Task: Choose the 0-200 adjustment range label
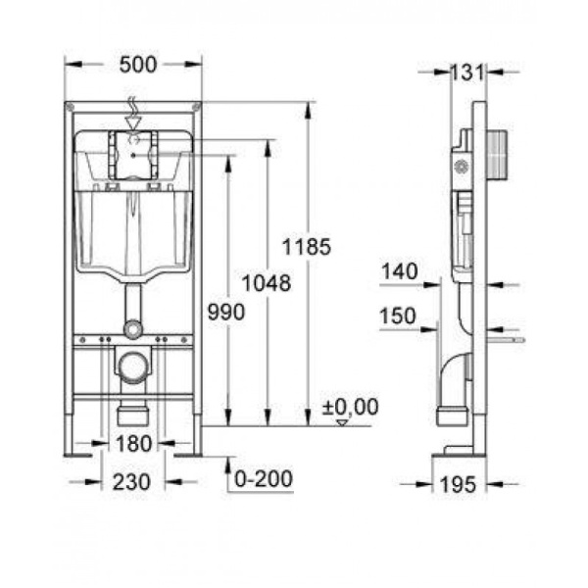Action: [x=262, y=480]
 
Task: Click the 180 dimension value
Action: [x=132, y=444]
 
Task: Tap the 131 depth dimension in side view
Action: [x=468, y=72]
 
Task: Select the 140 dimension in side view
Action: [x=401, y=271]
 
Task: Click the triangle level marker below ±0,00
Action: [x=342, y=422]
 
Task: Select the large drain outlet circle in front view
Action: [x=132, y=368]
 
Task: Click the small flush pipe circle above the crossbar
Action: [x=132, y=328]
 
